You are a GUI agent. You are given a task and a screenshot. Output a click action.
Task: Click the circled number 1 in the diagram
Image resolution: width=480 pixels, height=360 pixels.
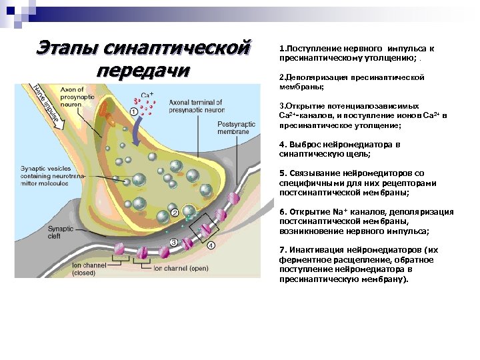[134, 113]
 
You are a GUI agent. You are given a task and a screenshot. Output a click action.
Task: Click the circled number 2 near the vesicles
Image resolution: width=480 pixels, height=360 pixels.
[175, 213]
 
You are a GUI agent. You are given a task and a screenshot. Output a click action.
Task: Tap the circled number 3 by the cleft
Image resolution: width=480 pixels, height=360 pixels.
[173, 243]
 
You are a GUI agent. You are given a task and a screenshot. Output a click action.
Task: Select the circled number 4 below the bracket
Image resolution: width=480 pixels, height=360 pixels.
[211, 245]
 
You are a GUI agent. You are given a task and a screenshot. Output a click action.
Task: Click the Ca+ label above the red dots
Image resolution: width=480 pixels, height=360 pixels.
[147, 95]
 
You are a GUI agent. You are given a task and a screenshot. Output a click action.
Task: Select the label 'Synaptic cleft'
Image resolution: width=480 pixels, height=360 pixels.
[61, 232]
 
